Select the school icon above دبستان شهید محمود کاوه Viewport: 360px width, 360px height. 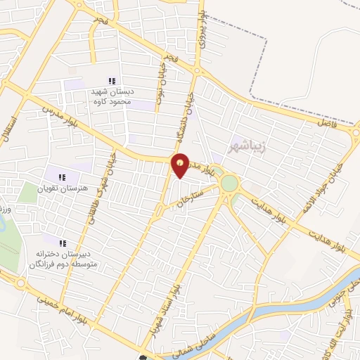(111, 82)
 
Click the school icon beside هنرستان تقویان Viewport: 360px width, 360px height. (61, 177)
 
